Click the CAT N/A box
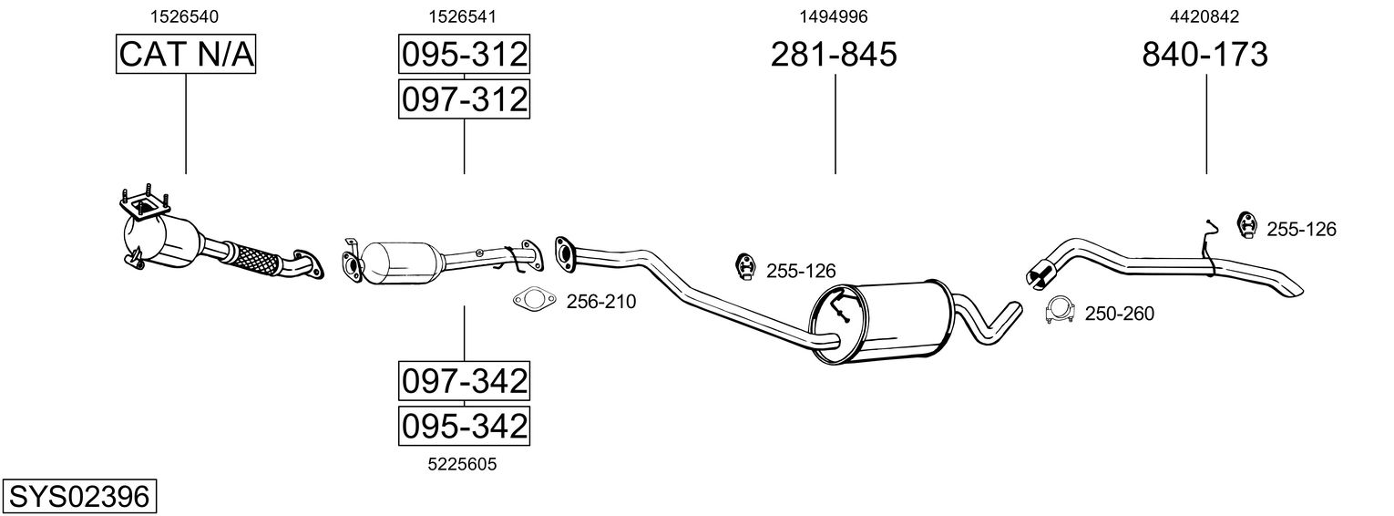pos(186,55)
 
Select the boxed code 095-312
pos(464,55)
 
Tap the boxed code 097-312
pos(464,98)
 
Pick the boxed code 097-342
pos(464,380)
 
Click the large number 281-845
pos(834,55)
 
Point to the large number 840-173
pos(1204,55)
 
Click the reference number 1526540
pos(184,16)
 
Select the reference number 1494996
pos(834,16)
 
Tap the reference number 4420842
pos(1204,16)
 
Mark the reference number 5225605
pos(463,464)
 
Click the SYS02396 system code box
pos(78,497)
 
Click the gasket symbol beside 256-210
pos(532,300)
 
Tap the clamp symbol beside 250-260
pos(1060,312)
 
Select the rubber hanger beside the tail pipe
pos(1245,225)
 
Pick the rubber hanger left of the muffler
pos(745,267)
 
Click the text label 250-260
pos(1119,315)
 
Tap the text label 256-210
pos(601,302)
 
